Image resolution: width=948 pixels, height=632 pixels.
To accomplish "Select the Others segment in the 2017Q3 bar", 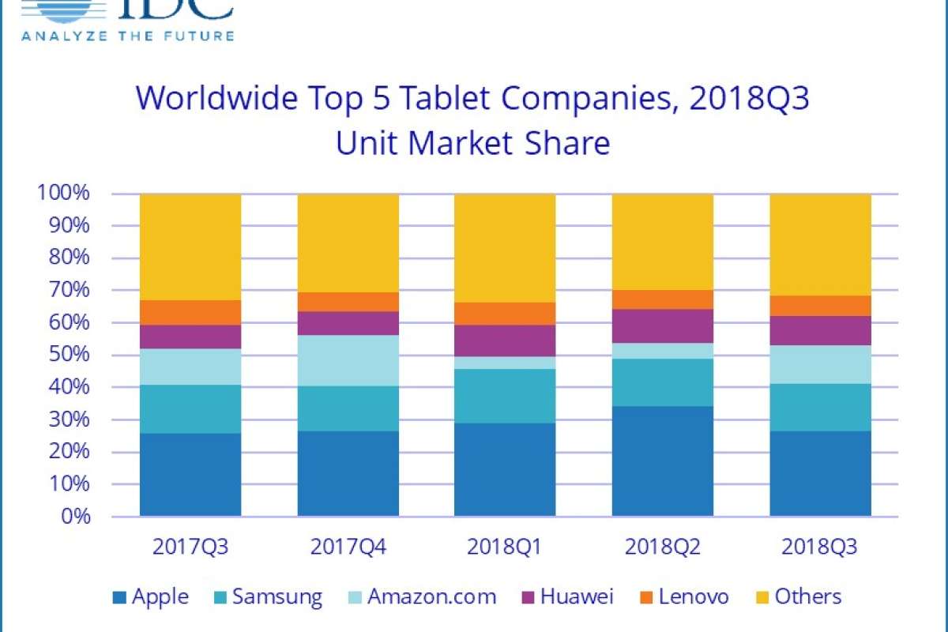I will click(190, 246).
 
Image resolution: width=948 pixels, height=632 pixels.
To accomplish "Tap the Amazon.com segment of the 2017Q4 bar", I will click(348, 360).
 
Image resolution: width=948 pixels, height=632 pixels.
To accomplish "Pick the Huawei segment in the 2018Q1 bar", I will click(505, 340).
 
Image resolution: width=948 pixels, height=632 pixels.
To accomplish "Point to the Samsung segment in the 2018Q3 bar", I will click(820, 407).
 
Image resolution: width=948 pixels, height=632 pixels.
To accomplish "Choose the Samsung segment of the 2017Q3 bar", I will click(190, 409).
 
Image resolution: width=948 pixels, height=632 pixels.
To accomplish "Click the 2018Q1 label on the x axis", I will click(505, 547).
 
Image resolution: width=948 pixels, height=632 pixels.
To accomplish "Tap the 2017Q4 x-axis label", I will click(348, 547).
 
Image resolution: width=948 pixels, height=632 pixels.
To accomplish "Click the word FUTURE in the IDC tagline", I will click(200, 35).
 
